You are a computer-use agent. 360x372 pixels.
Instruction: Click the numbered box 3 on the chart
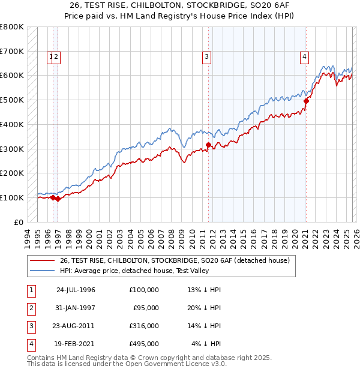pos(206,57)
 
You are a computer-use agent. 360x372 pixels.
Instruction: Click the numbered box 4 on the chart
pos(304,57)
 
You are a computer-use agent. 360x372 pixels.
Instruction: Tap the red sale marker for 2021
pos(306,101)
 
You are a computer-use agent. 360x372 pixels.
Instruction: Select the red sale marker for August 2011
pos(208,145)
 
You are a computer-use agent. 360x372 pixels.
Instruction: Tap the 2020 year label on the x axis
pos(295,238)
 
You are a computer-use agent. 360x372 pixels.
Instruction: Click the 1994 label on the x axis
pos(28,238)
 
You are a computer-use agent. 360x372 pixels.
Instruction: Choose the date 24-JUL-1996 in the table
pos(76,290)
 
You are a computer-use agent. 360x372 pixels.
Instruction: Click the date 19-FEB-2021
pos(76,344)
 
